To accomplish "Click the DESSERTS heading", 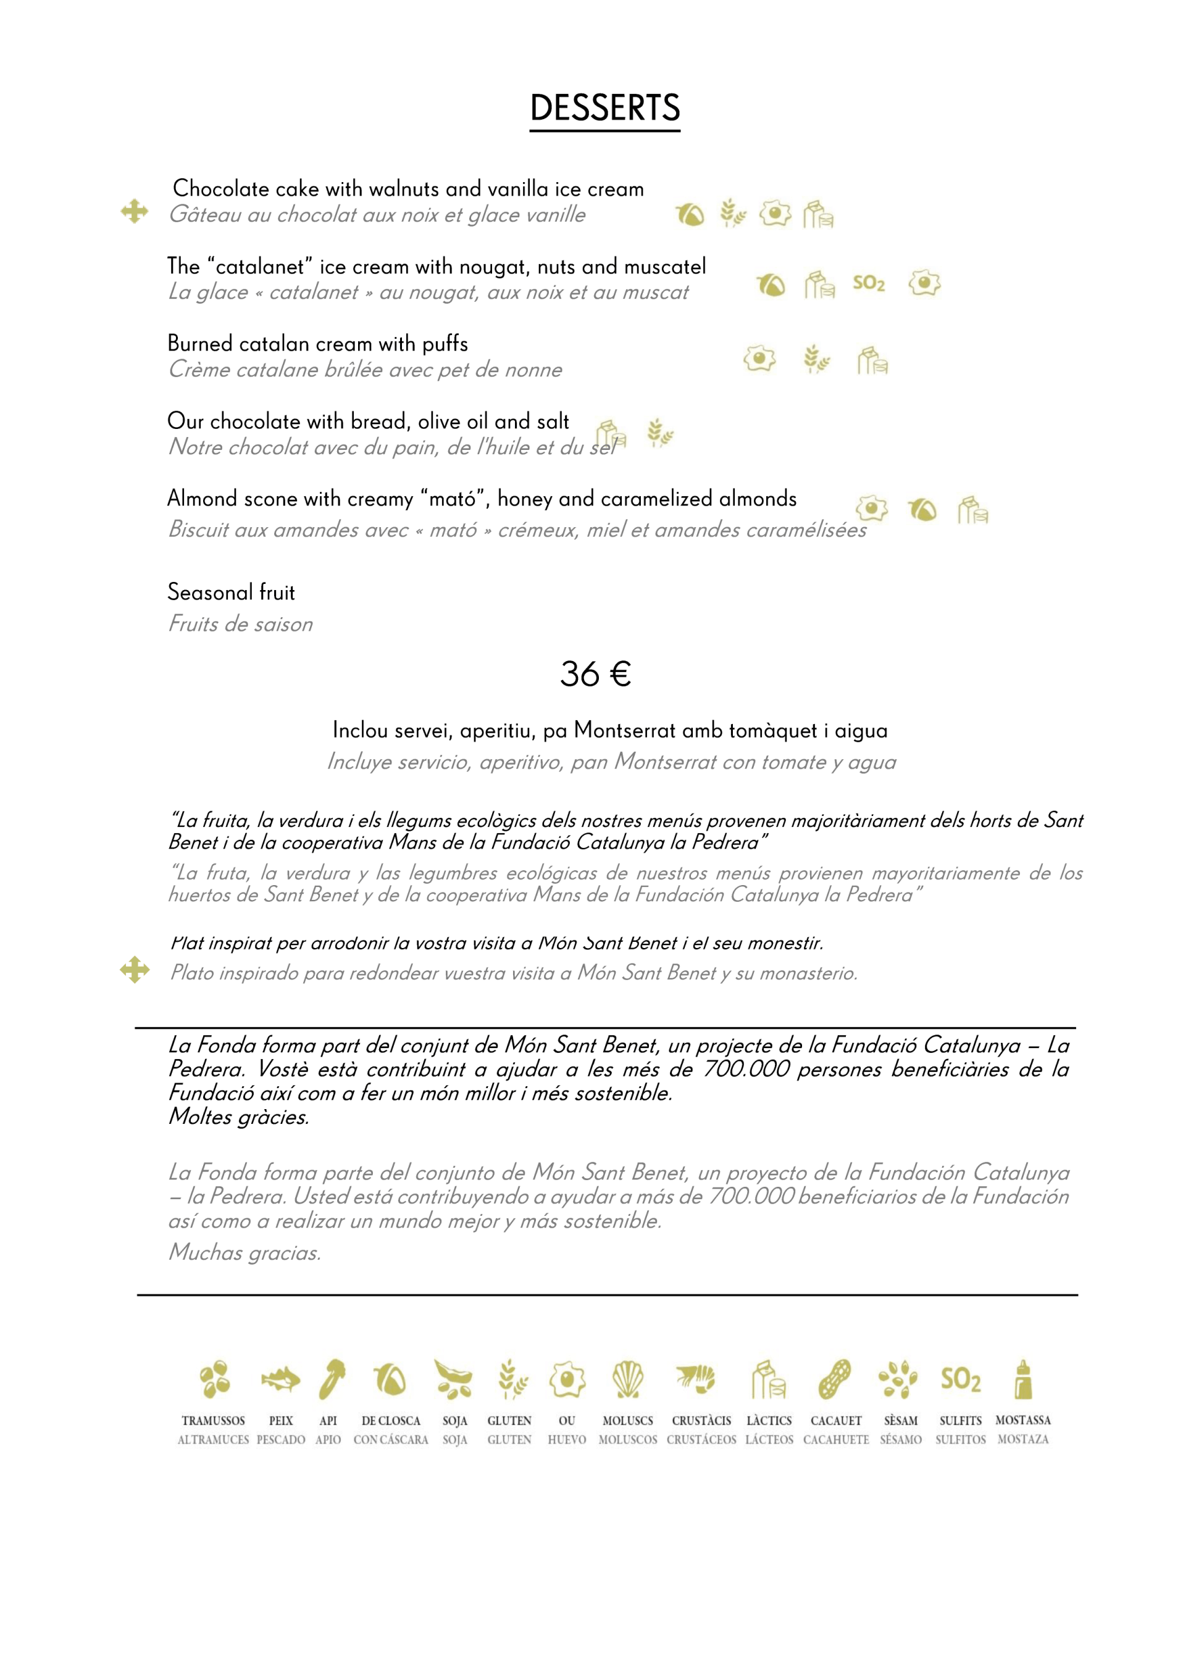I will click(x=604, y=108).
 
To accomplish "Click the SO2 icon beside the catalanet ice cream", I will click(x=868, y=283).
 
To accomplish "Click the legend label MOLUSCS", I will click(x=627, y=1420).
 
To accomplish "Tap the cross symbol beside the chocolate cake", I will click(x=135, y=212).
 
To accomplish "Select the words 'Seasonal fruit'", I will click(x=231, y=592).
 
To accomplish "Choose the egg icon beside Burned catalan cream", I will click(x=759, y=358).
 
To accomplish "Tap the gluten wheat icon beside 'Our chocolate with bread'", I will click(x=660, y=433).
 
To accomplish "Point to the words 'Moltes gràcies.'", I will click(x=239, y=1117).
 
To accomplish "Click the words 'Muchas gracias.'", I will click(x=245, y=1252).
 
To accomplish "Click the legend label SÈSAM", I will click(x=900, y=1420).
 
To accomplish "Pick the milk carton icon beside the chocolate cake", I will click(x=818, y=215).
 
